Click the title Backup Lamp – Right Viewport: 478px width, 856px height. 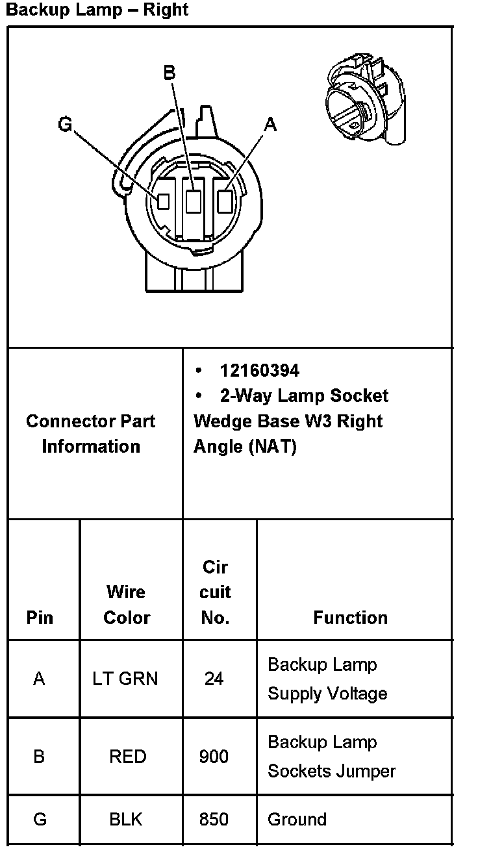click(x=97, y=10)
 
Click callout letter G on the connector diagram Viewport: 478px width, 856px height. click(x=65, y=123)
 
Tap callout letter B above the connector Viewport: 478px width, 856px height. click(x=169, y=73)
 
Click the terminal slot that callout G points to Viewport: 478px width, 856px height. click(x=164, y=201)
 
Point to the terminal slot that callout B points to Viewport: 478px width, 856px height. click(x=194, y=201)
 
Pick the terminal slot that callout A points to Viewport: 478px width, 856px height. click(x=225, y=201)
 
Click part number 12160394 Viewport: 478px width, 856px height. click(x=260, y=370)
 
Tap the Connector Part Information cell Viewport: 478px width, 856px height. click(x=91, y=433)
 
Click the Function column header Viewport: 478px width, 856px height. click(x=350, y=617)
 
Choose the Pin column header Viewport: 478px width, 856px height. click(x=40, y=617)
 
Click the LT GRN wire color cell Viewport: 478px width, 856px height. click(x=125, y=679)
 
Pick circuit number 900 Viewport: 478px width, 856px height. click(x=214, y=757)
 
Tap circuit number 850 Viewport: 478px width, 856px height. click(x=214, y=820)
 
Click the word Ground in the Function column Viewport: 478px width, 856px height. click(x=297, y=820)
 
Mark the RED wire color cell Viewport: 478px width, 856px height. click(x=128, y=757)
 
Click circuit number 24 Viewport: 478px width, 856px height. click(x=214, y=679)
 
